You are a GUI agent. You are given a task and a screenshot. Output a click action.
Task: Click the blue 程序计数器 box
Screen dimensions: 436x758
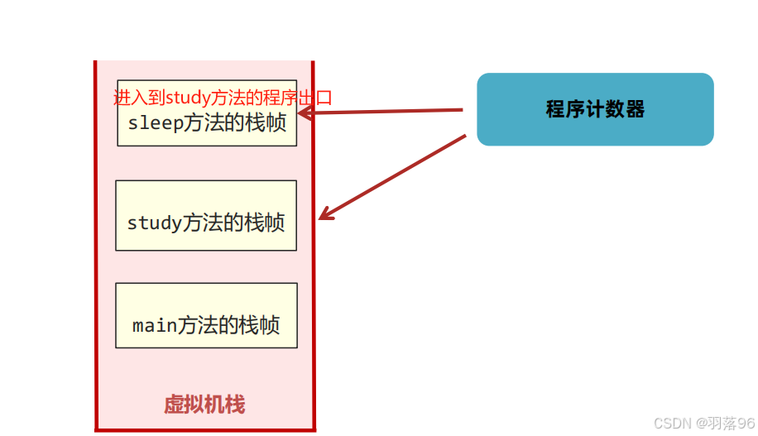coord(595,109)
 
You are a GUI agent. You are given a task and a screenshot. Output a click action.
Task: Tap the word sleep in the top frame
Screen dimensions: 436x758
coord(154,123)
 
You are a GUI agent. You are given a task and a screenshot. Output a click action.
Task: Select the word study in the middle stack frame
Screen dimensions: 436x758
coord(153,223)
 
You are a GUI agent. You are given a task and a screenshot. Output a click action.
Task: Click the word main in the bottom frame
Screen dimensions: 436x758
coord(155,325)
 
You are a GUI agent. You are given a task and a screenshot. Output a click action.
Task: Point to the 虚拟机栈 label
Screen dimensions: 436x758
coord(204,405)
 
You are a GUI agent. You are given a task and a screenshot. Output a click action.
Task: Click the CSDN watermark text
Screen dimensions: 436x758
coord(672,423)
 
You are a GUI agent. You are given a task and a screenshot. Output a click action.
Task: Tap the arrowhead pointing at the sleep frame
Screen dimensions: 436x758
coord(304,113)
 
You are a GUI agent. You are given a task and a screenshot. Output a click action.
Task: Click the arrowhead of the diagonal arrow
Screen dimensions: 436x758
coord(325,215)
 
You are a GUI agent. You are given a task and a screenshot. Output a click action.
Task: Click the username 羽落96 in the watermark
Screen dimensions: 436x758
coord(732,423)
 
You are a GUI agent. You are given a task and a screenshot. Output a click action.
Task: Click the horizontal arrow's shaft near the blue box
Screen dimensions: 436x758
coord(430,110)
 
